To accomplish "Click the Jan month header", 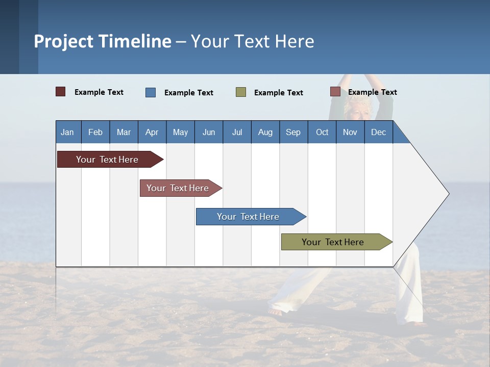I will tap(67, 132).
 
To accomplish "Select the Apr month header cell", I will tap(152, 132).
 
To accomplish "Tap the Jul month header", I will tap(237, 132).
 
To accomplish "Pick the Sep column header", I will tap(293, 132).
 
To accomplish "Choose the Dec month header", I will tap(378, 132).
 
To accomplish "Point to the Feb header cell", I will tap(95, 132).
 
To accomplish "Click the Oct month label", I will tap(322, 132).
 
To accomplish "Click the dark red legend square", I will tap(61, 92).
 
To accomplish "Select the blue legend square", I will tap(151, 92).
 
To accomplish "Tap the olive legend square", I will tap(241, 92).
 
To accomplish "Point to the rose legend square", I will tap(335, 92).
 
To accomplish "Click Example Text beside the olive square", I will tap(279, 93).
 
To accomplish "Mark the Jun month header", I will tap(209, 132).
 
